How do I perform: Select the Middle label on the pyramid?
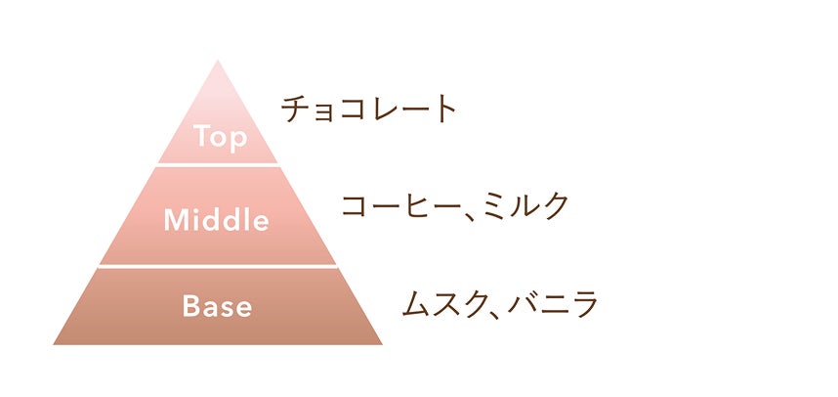(x=217, y=220)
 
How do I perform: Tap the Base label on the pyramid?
(x=217, y=306)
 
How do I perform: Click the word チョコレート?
(x=369, y=109)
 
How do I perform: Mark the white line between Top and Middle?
(x=217, y=164)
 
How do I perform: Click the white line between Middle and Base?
(x=217, y=266)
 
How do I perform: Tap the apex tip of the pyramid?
(x=218, y=63)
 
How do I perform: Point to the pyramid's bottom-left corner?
(x=55, y=343)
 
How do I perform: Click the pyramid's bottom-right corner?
(x=381, y=343)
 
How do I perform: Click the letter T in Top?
(x=201, y=136)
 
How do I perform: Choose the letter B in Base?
(x=191, y=306)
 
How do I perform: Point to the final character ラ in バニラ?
(x=583, y=304)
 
